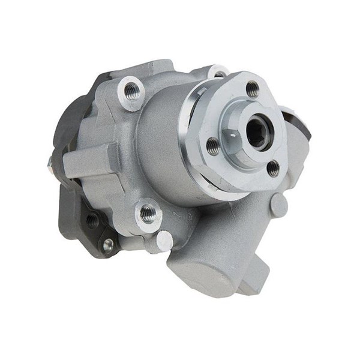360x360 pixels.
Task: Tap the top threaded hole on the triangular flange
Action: [253, 89]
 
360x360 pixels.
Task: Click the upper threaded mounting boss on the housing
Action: [131, 92]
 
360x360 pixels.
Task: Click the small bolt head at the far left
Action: [49, 161]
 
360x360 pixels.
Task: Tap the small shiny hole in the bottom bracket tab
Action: [107, 244]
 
